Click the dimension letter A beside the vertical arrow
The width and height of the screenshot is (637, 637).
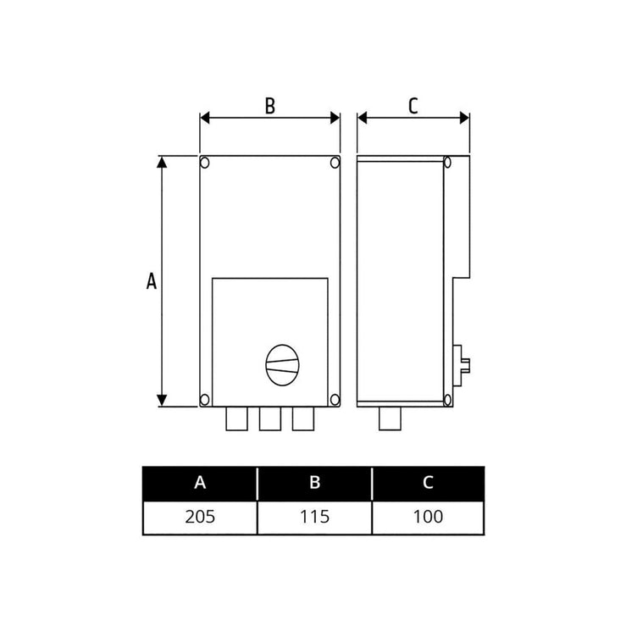pyautogui.click(x=152, y=282)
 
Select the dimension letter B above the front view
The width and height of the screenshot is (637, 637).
pyautogui.click(x=269, y=106)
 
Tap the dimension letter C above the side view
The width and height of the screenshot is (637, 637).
pyautogui.click(x=413, y=106)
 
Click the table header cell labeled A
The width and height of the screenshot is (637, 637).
pyautogui.click(x=200, y=483)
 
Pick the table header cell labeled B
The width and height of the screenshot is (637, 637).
pyautogui.click(x=314, y=483)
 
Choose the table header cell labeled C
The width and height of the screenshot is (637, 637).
pyautogui.click(x=429, y=483)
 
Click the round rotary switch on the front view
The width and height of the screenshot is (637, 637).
pyautogui.click(x=283, y=365)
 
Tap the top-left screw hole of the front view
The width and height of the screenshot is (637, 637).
pyautogui.click(x=205, y=161)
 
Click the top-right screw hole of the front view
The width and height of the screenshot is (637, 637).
pyautogui.click(x=335, y=161)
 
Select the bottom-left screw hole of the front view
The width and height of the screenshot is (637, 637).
pyautogui.click(x=205, y=399)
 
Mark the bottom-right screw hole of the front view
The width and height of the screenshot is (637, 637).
pyautogui.click(x=335, y=399)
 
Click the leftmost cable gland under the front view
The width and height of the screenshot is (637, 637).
pyautogui.click(x=236, y=418)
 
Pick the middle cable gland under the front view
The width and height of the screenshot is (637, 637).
pyautogui.click(x=269, y=418)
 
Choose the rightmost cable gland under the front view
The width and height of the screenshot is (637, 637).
pyautogui.click(x=302, y=418)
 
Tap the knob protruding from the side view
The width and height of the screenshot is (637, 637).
pyautogui.click(x=465, y=364)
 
